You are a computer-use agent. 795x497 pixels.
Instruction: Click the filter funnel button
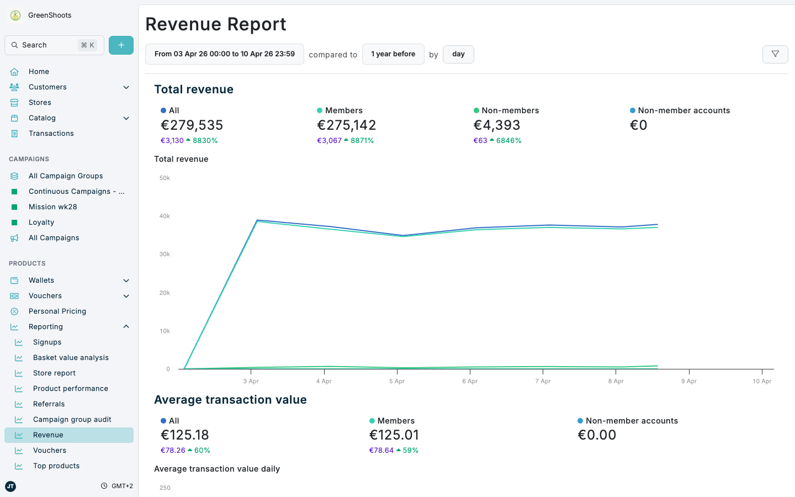pos(775,54)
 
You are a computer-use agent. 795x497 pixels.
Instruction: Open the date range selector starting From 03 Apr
pos(224,54)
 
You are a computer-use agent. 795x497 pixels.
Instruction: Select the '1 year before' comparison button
pos(393,54)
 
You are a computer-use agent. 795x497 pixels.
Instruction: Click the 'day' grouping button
pos(458,54)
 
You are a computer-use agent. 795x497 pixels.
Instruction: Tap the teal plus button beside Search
pos(121,45)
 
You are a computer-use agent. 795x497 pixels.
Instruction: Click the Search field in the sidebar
pos(50,45)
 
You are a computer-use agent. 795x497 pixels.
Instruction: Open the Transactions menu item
pos(51,134)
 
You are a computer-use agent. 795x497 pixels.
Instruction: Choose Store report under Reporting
pos(54,373)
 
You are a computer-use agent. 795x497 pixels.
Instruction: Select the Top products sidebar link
pos(56,466)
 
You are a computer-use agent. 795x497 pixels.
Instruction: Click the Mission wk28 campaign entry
pos(52,207)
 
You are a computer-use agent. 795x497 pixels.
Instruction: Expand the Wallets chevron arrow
pos(126,281)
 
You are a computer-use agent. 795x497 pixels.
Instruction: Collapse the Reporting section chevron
pos(126,327)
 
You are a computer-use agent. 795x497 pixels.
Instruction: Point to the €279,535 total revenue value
pos(192,125)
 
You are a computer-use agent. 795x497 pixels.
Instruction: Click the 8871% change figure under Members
pos(362,141)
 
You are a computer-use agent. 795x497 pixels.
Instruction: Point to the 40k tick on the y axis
pos(165,216)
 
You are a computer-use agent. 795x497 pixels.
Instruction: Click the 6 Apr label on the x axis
pos(470,382)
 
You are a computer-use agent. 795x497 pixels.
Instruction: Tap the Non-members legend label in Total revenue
pos(510,110)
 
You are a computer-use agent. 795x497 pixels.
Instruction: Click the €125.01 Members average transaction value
pos(394,435)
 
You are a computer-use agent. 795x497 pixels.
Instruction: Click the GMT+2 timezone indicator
pos(121,486)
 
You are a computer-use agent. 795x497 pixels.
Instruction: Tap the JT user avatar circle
pos(10,486)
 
